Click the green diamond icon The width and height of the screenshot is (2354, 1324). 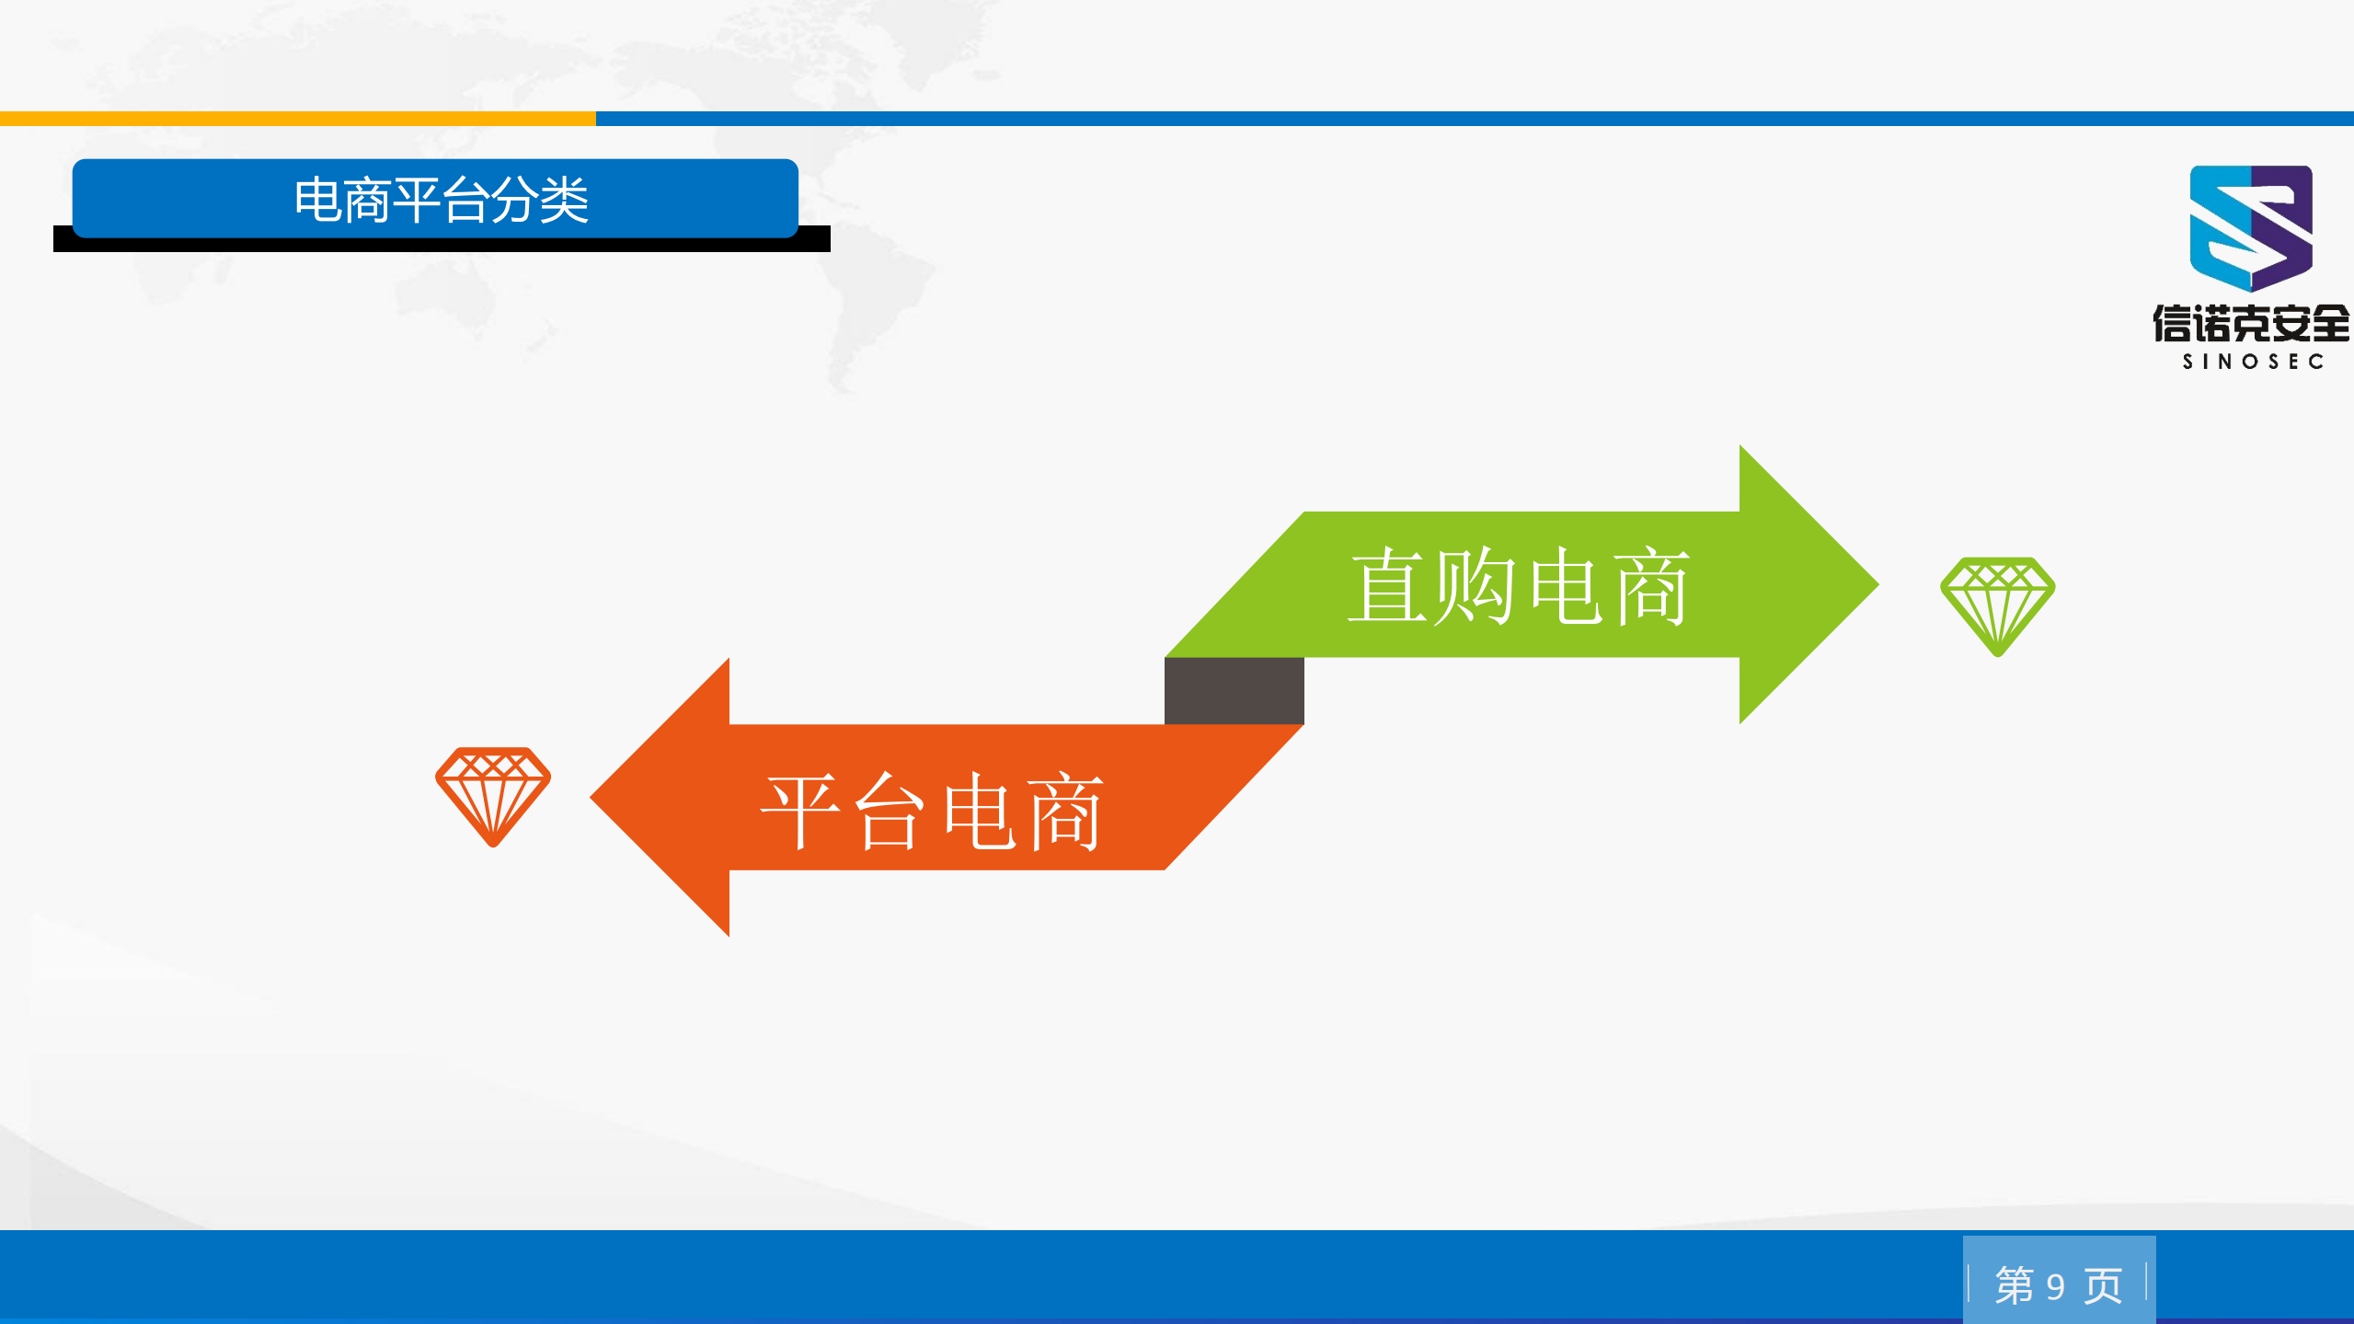coord(1997,604)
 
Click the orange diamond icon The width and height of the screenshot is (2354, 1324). coord(493,795)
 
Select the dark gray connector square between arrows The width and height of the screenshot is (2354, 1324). coord(1234,690)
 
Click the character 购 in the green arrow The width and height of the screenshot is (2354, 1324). coord(1474,586)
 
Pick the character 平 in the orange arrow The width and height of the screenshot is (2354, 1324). coord(800,811)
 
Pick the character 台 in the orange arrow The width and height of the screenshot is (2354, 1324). coord(888,811)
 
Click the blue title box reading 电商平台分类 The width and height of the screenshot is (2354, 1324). coord(435,198)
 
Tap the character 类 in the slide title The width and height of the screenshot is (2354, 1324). coord(563,200)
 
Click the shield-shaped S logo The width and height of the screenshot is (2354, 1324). coord(2250,226)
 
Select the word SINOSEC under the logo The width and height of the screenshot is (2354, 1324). coord(2253,362)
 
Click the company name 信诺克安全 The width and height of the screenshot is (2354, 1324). coord(2250,323)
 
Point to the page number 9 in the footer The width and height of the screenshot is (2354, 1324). coord(2055,1286)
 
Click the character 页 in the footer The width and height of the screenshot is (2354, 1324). coord(2103,1285)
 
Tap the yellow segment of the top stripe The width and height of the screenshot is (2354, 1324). coord(297,119)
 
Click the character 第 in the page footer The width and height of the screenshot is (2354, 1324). coord(2014,1285)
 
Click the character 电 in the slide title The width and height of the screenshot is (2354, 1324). coord(317,200)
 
